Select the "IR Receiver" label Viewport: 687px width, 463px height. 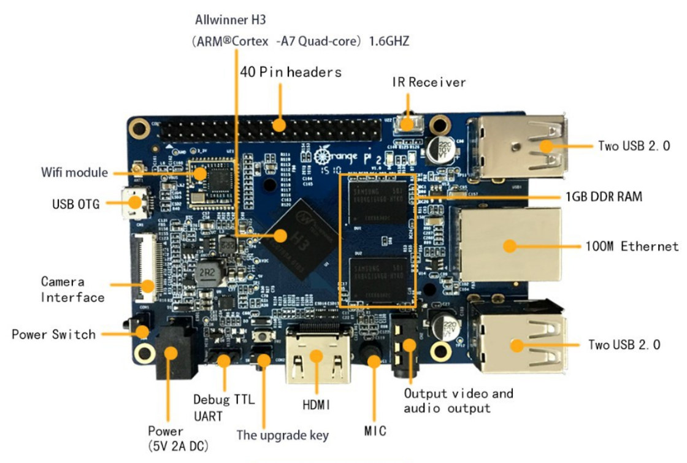coord(429,82)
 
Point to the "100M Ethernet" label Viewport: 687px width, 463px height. coord(631,247)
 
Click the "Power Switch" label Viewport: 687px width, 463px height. coord(54,334)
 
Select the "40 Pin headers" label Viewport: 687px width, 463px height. coord(290,72)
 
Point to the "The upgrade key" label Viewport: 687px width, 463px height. coord(283,435)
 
